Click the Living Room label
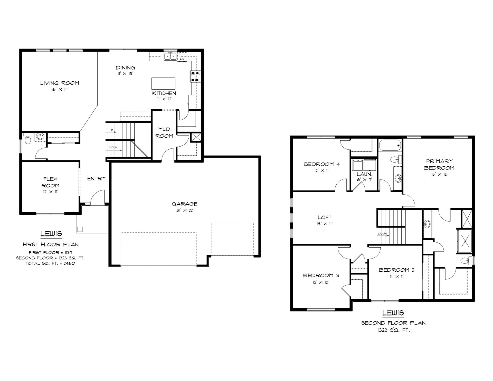coord(60,83)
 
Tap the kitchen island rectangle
coord(163,83)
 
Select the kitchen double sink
coord(170,56)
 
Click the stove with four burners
coord(195,76)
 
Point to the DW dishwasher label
coord(182,59)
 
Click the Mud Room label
coord(164,132)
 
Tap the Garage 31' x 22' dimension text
coord(185,210)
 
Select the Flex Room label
coord(50,182)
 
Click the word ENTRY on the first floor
coord(97,178)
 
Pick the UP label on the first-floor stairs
coord(111,130)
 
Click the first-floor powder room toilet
coord(27,139)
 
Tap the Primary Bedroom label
coord(439,164)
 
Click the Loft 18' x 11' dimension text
coord(325,224)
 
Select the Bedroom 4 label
coord(321,164)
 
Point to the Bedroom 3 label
coord(321,275)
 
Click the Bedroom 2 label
coord(397,270)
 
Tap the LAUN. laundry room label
coord(364,174)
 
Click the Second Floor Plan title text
coord(393,323)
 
